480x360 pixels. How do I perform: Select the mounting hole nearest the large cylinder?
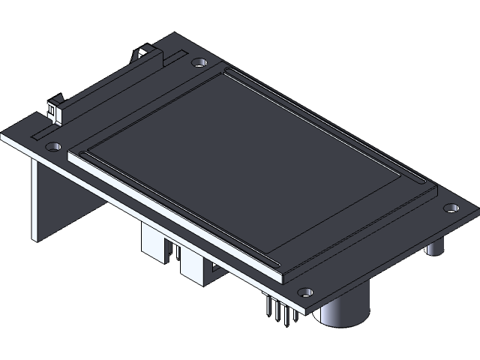coord(304,291)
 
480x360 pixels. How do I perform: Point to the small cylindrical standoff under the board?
coord(435,247)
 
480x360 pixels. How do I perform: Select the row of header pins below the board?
coord(279,310)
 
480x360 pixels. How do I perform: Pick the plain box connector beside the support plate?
coord(155,244)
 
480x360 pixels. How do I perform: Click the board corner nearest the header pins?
coord(303,311)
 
